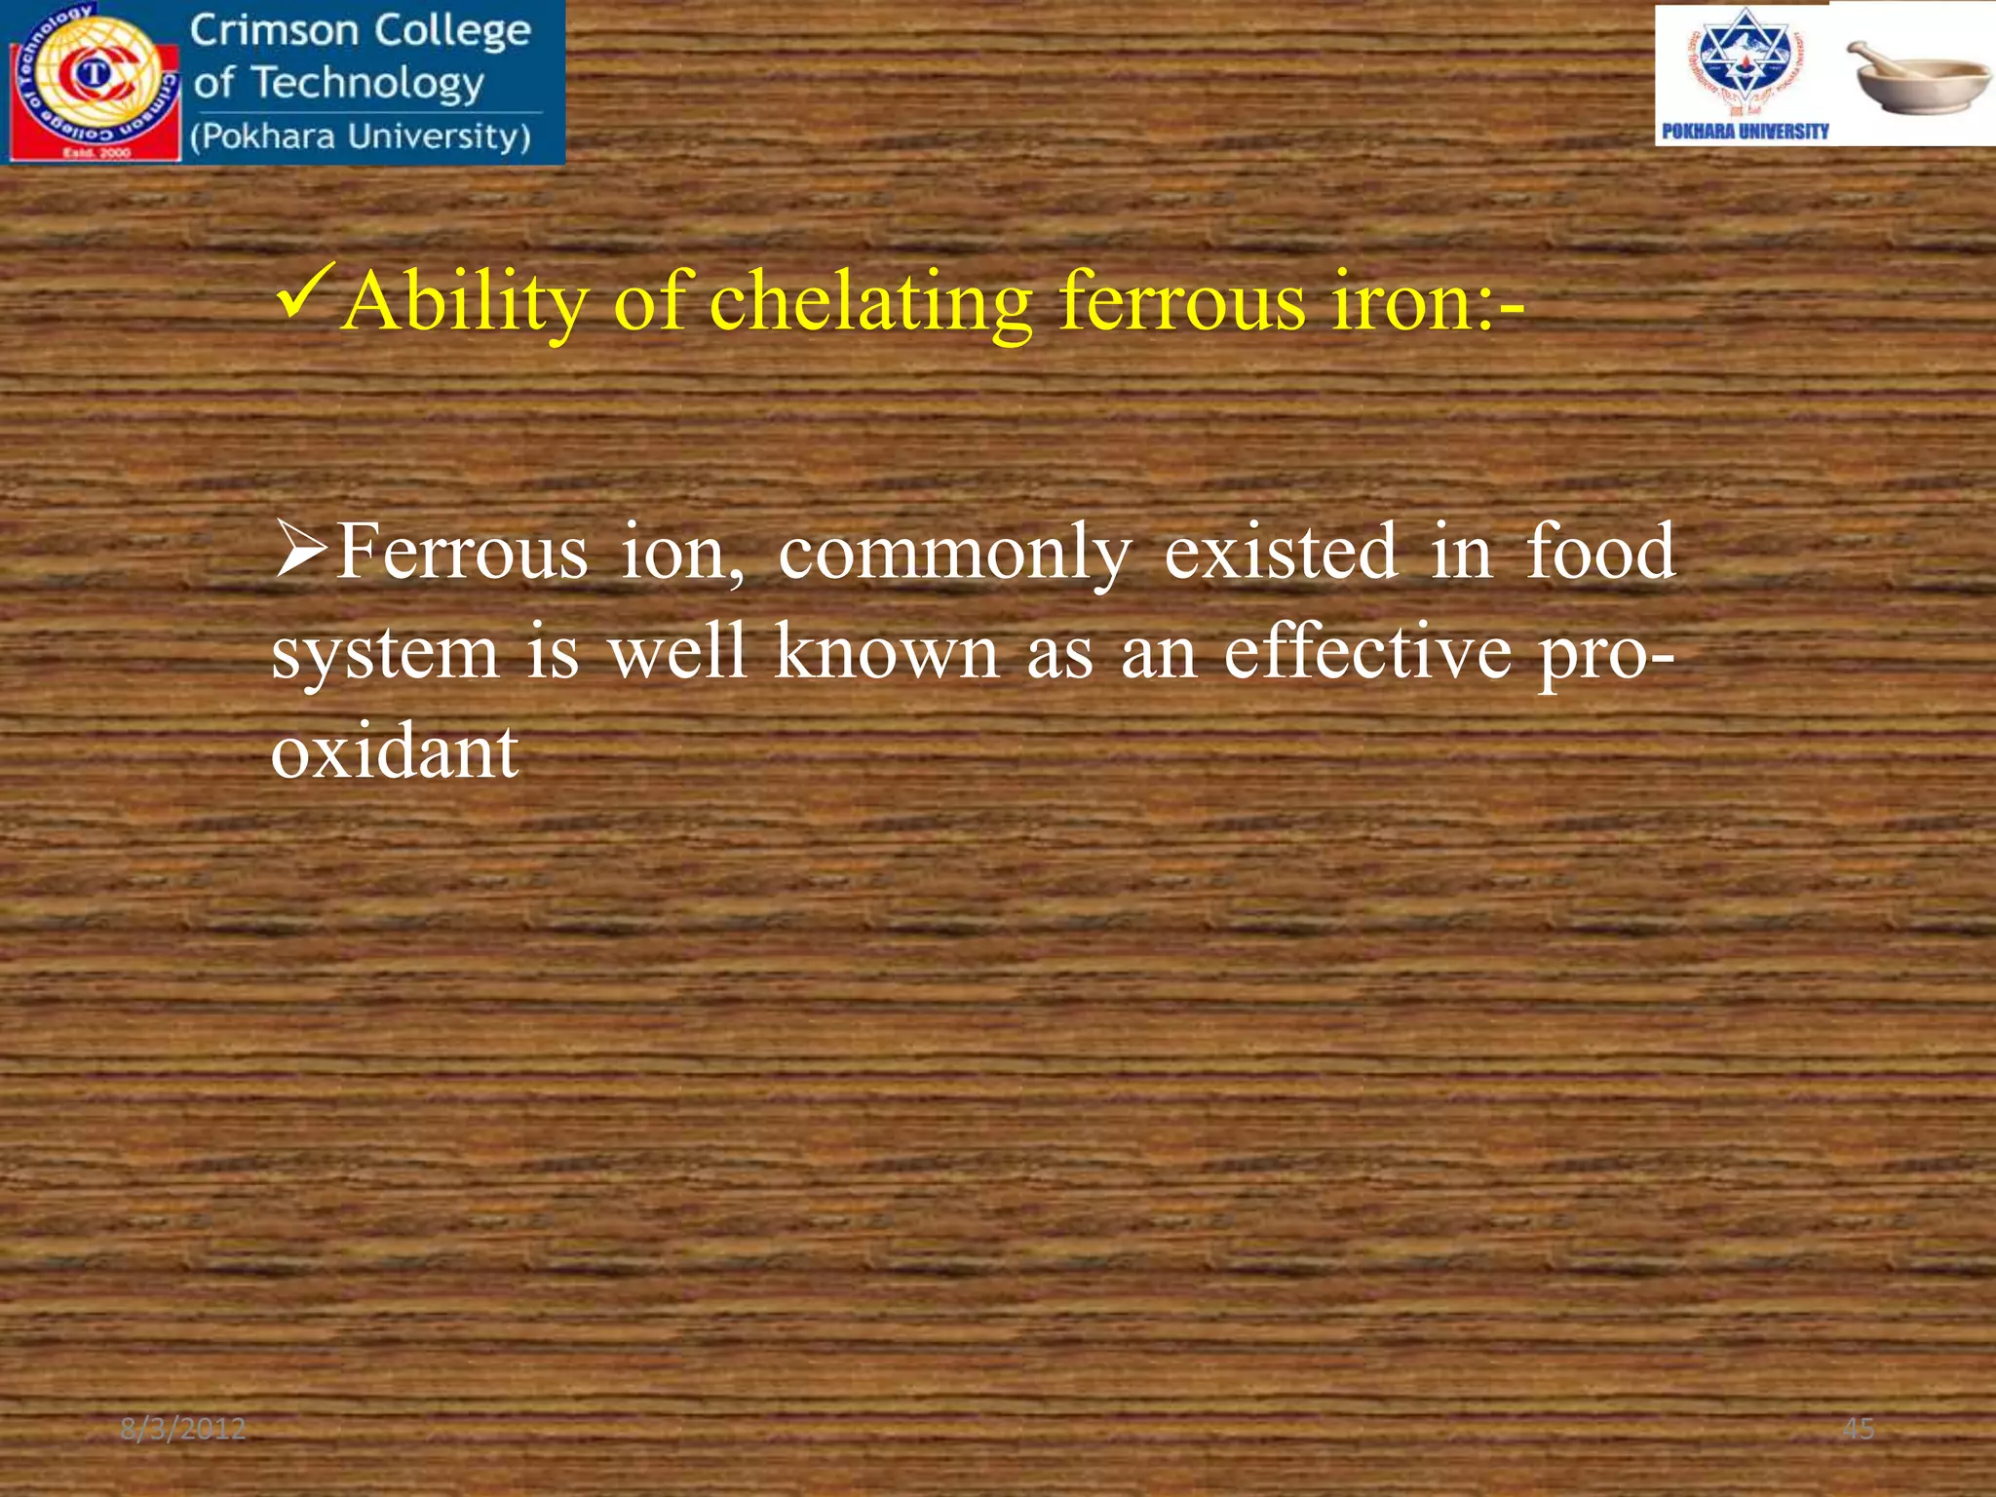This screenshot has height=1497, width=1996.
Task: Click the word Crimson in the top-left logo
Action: point(274,31)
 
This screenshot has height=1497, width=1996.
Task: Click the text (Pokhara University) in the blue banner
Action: point(361,136)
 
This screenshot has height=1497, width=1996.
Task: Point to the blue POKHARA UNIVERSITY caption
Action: point(1745,132)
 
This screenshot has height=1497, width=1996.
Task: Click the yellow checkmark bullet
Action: point(306,291)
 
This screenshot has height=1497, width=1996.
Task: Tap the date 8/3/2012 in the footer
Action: point(183,1429)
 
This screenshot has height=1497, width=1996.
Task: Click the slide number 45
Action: point(1858,1429)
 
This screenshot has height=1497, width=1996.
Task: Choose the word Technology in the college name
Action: point(367,84)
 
